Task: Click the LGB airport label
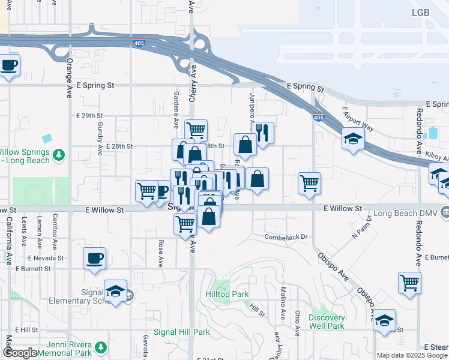[x=421, y=13]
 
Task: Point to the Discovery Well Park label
[x=327, y=322]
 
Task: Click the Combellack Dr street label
[x=286, y=237]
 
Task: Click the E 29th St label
[x=89, y=115]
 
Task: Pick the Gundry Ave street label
[x=99, y=137]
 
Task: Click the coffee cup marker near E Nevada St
[x=94, y=259]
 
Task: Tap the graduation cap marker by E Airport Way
[x=353, y=139]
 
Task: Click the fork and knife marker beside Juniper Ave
[x=263, y=133]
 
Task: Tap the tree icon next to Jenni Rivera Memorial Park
[x=101, y=346]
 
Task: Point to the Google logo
[x=20, y=353]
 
